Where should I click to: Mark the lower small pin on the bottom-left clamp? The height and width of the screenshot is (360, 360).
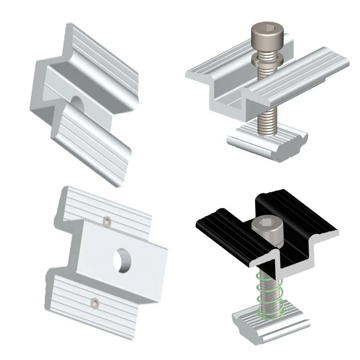coord(96,302)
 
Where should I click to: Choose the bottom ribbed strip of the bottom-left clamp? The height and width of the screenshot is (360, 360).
coord(91,295)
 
